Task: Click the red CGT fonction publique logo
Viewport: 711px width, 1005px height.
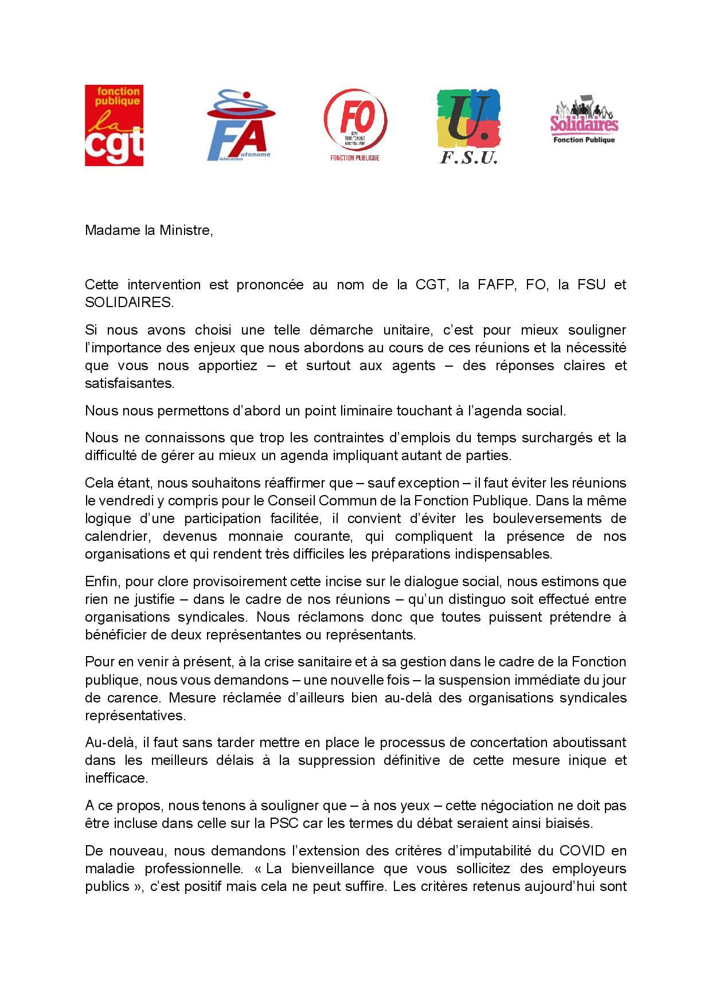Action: point(114,125)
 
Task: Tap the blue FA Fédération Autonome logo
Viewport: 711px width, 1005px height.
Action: point(239,125)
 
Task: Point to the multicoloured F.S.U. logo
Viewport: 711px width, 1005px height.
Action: point(468,126)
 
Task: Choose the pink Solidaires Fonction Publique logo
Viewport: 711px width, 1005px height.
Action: point(584,120)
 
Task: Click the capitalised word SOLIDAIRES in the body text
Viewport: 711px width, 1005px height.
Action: point(128,303)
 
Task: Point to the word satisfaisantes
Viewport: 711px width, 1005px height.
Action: point(129,383)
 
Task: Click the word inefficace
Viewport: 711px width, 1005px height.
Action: point(116,779)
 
